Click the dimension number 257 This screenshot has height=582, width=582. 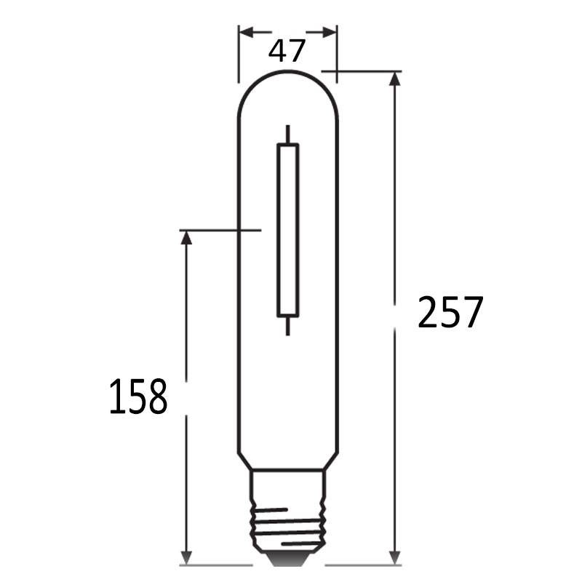450,313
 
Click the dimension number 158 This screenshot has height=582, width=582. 138,396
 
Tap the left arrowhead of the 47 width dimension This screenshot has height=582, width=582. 246,32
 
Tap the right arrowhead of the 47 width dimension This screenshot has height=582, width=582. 330,32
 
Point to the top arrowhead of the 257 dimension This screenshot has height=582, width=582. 395,79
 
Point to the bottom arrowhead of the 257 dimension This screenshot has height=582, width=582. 395,557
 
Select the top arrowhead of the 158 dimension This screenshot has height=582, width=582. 186,238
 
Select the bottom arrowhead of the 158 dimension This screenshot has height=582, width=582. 186,557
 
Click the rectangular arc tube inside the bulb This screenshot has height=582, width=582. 288,231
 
